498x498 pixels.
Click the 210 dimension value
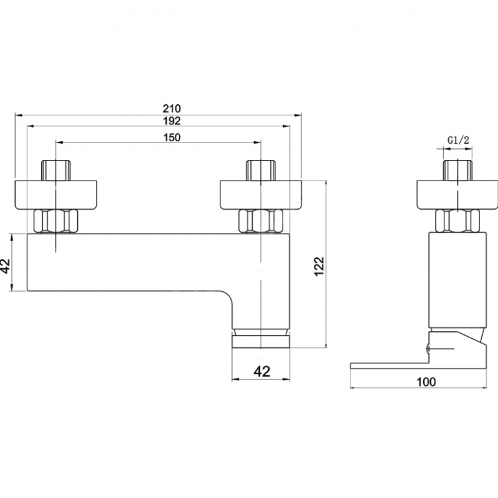click(x=172, y=108)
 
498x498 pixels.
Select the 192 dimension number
click(x=172, y=121)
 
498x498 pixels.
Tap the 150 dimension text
click(x=172, y=138)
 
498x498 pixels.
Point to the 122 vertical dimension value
click(x=319, y=266)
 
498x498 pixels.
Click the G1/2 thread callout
click(x=458, y=140)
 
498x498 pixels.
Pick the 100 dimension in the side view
click(x=426, y=382)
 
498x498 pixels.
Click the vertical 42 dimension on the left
click(x=6, y=266)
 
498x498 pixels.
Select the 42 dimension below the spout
click(x=261, y=371)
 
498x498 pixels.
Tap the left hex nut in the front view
click(x=56, y=222)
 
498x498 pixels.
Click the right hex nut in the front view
click(x=261, y=222)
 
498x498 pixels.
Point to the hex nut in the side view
click(x=458, y=221)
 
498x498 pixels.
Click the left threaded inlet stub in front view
click(x=56, y=171)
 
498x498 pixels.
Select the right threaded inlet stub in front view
click(x=261, y=171)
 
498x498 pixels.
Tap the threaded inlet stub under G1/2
click(x=458, y=171)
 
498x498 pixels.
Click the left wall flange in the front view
click(x=55, y=195)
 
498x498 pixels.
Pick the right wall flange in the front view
click(x=261, y=195)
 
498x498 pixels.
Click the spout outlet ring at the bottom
click(x=261, y=342)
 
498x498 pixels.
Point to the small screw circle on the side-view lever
click(x=428, y=349)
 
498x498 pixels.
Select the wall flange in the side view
click(x=458, y=195)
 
